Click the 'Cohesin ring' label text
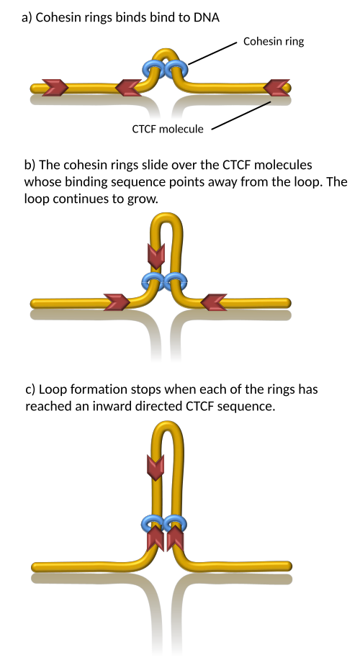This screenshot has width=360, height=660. click(274, 42)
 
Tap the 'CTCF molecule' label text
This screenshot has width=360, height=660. click(168, 129)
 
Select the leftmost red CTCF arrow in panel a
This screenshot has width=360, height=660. click(55, 88)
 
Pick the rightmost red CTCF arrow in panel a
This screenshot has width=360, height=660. click(276, 88)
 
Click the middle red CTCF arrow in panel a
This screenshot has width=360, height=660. click(128, 88)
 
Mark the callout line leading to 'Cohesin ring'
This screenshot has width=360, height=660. click(212, 53)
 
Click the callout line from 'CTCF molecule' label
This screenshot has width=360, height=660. click(241, 115)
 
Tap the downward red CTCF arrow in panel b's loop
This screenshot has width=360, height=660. click(156, 256)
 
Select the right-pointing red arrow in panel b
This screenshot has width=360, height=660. click(117, 302)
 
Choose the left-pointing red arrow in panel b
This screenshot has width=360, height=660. click(214, 302)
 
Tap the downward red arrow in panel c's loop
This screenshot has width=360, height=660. click(156, 467)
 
